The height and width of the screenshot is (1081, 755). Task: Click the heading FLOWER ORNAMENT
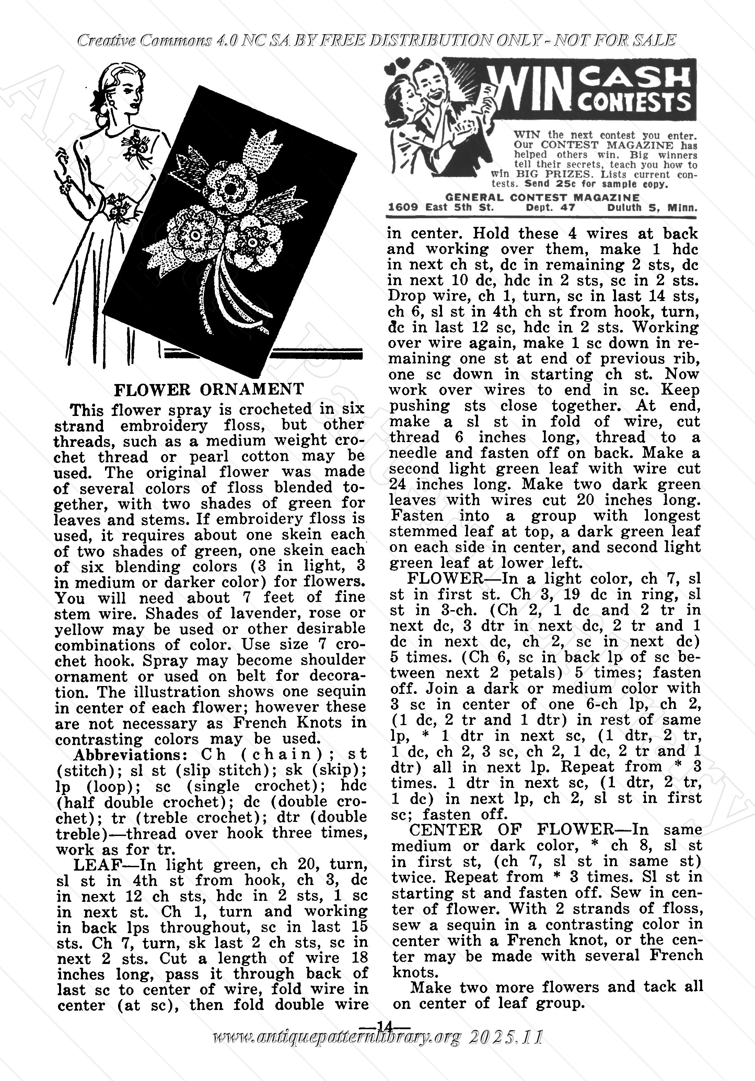click(209, 390)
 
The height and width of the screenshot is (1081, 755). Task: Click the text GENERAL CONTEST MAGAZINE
click(542, 198)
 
